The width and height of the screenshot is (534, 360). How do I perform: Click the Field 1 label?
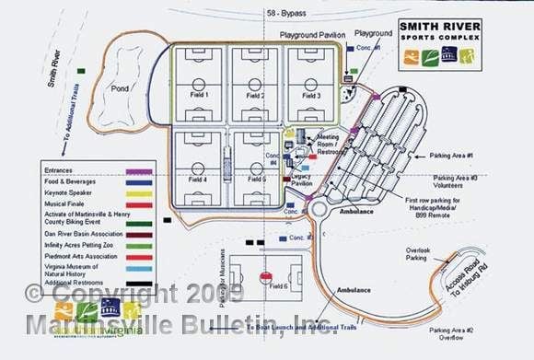[x=200, y=96]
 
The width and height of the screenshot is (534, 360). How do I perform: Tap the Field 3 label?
[x=311, y=96]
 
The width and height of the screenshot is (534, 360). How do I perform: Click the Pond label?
[x=120, y=89]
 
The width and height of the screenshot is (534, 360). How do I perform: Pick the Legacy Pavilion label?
[x=301, y=181]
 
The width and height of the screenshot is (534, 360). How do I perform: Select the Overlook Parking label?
[x=423, y=253]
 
